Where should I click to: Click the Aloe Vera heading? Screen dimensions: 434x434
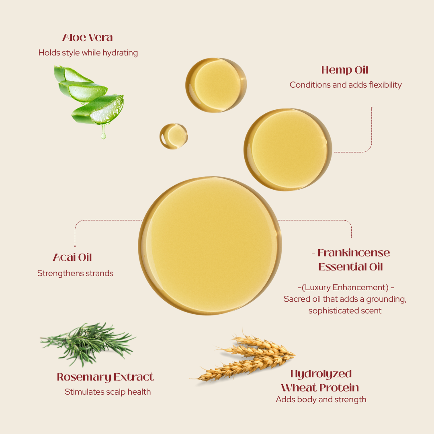[x=88, y=37]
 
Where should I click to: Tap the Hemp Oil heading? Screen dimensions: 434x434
[x=345, y=70]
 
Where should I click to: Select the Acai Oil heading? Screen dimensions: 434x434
[x=72, y=257]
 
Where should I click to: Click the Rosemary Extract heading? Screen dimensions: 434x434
[x=105, y=377]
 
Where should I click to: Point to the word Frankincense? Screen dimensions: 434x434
[x=354, y=253]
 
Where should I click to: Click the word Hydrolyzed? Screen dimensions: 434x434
[x=321, y=374]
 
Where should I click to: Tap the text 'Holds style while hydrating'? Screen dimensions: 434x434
[x=88, y=53]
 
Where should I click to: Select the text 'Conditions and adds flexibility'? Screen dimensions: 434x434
[x=346, y=85]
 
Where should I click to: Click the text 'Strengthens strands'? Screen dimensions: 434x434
[x=75, y=273]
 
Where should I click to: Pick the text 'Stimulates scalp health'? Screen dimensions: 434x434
[x=108, y=392]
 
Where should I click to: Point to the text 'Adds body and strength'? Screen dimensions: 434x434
[x=321, y=399]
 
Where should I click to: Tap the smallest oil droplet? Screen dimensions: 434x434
[x=174, y=136]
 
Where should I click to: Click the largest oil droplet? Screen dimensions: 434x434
[x=210, y=246]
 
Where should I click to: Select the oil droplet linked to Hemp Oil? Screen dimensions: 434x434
[x=288, y=149]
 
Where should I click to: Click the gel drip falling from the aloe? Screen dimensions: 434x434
[x=103, y=132]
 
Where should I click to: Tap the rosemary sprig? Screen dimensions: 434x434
[x=88, y=343]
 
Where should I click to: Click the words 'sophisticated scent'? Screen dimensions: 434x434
[x=345, y=311]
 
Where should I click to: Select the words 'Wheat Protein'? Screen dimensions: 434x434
[x=320, y=388]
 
